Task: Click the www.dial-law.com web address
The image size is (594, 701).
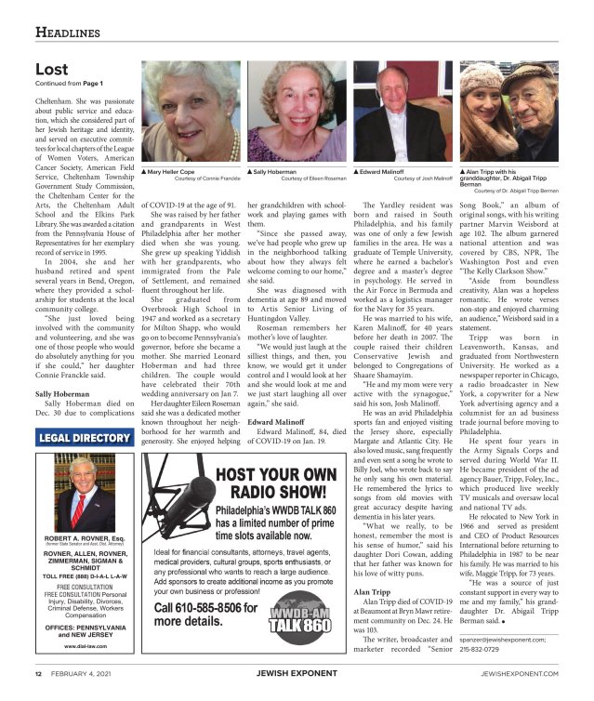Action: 82,644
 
